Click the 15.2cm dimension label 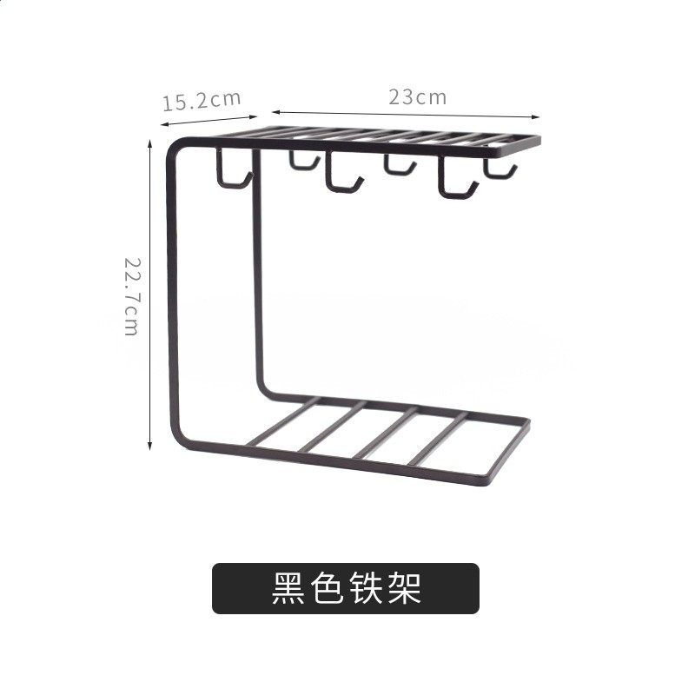pos(202,101)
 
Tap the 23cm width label pos(418,97)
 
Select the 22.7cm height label pos(132,296)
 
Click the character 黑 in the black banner pos(288,588)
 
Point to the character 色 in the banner pos(328,588)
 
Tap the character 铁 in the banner pos(366,588)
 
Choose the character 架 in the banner pos(405,588)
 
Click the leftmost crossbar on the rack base pos(283,422)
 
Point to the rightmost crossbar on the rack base pos(438,439)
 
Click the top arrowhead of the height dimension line pos(149,143)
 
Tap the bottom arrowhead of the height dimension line pos(149,446)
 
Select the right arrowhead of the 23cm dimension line pos(536,117)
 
